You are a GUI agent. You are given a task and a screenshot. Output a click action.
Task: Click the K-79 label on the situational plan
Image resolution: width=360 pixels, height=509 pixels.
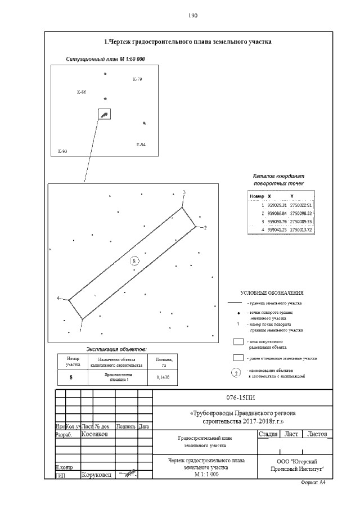point(137,79)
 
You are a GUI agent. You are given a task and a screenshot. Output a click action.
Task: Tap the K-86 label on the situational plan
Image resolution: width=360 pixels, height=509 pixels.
point(81,91)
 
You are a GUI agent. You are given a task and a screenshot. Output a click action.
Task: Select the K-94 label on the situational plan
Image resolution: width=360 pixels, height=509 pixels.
point(141,145)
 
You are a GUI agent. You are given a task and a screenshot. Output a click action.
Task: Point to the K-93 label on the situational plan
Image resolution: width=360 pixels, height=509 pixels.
point(62,151)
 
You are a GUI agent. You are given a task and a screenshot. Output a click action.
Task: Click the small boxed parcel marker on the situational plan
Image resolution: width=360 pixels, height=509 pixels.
point(104,114)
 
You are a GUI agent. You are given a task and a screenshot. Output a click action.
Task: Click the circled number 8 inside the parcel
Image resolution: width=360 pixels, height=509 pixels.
point(134,260)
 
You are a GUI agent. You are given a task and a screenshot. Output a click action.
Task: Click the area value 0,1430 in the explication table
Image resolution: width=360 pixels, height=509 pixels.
point(161,377)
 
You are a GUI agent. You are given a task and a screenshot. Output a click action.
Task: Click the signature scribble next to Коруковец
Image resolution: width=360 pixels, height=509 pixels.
point(128,474)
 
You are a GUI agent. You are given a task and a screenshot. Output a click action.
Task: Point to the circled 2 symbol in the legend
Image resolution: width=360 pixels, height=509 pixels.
point(237,372)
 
